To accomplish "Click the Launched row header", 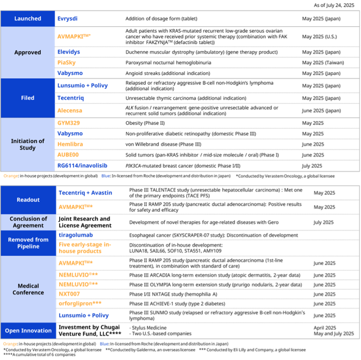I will [x=28, y=19].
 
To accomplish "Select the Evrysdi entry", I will [x=68, y=19].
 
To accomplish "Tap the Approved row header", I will [x=28, y=52].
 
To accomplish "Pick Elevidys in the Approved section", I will [x=69, y=52].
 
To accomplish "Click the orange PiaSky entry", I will [x=66, y=62].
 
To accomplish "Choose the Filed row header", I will [x=28, y=98].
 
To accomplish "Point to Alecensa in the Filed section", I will [x=70, y=111].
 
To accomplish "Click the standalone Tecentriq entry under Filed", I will [x=71, y=98].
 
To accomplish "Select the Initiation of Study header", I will [x=28, y=144].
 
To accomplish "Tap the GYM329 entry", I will [x=68, y=123].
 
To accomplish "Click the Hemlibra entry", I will [x=70, y=144].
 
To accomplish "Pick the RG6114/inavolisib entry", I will [x=82, y=165].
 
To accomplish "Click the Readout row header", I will [x=28, y=200].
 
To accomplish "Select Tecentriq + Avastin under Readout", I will [x=85, y=193].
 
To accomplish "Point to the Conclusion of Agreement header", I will [x=28, y=222].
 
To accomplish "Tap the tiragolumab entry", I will [x=76, y=235].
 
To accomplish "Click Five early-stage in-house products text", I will [x=85, y=248].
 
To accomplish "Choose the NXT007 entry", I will [x=70, y=294].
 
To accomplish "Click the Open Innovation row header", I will [x=28, y=331].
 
